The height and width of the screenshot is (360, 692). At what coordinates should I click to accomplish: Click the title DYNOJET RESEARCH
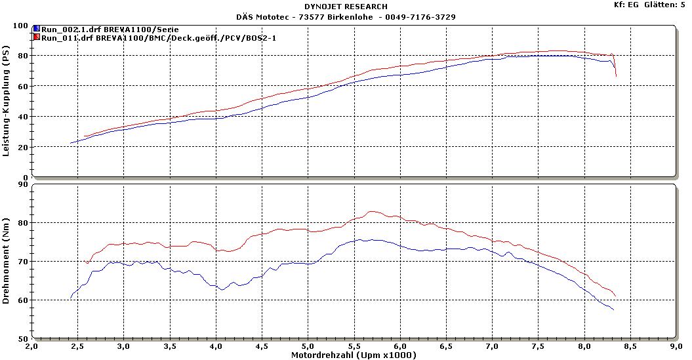[346, 7]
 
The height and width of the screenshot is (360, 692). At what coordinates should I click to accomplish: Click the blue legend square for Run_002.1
[37, 30]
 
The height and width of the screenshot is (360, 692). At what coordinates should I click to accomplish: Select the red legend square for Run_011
[37, 37]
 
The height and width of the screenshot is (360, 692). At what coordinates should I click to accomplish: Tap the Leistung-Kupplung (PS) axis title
[7, 104]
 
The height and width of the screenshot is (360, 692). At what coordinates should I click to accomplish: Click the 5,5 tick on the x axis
[354, 346]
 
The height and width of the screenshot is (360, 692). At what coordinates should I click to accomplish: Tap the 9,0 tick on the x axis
[676, 346]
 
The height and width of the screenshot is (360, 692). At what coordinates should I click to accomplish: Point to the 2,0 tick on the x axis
[31, 346]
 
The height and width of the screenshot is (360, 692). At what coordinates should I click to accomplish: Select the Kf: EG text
[623, 5]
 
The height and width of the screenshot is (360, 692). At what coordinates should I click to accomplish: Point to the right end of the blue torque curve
[613, 310]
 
